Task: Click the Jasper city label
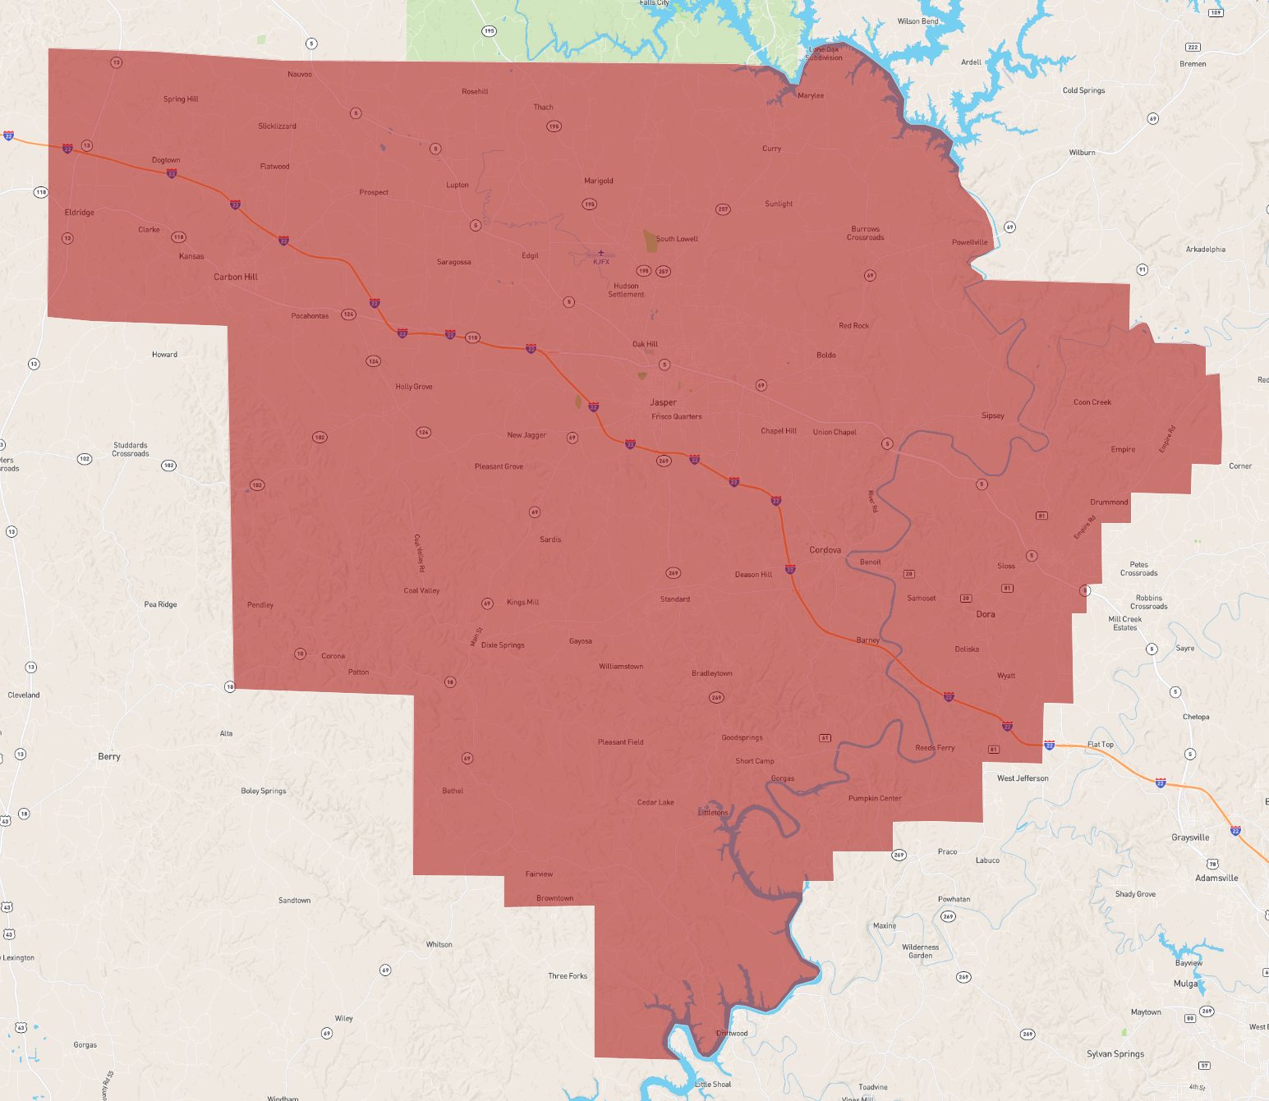pyautogui.click(x=663, y=402)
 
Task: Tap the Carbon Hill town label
pyautogui.click(x=236, y=277)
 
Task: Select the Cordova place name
pyautogui.click(x=825, y=550)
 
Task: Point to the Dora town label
pyautogui.click(x=986, y=614)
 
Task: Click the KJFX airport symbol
pyautogui.click(x=601, y=254)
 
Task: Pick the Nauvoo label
pyautogui.click(x=300, y=75)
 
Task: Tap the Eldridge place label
pyautogui.click(x=80, y=213)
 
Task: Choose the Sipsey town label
pyautogui.click(x=992, y=415)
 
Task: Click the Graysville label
pyautogui.click(x=1190, y=837)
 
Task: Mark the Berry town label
pyautogui.click(x=109, y=757)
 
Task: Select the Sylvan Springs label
pyautogui.click(x=1115, y=1054)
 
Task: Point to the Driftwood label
pyautogui.click(x=732, y=1034)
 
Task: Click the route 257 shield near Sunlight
pyautogui.click(x=723, y=209)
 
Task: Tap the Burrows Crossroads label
pyautogui.click(x=866, y=233)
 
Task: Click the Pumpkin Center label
pyautogui.click(x=875, y=798)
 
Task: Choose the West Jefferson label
pyautogui.click(x=1023, y=778)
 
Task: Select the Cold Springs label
pyautogui.click(x=1083, y=90)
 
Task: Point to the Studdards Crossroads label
pyautogui.click(x=131, y=449)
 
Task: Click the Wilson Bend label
pyautogui.click(x=917, y=21)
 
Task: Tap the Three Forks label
pyautogui.click(x=568, y=976)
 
